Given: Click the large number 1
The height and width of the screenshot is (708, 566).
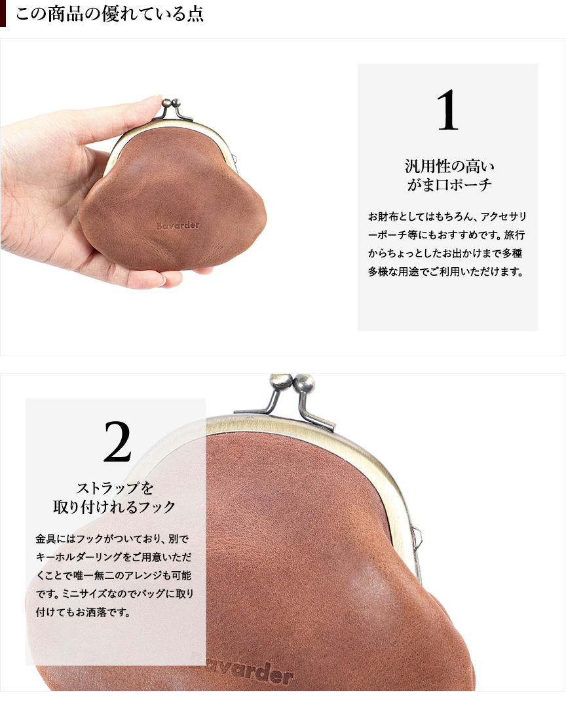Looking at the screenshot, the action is (447, 110).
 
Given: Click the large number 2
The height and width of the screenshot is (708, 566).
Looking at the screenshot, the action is (117, 441).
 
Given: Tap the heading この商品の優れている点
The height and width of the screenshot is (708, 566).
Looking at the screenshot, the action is (110, 14).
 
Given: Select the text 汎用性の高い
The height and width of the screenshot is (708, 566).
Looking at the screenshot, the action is (449, 166).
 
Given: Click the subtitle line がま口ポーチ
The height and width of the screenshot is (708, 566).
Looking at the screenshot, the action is (449, 185).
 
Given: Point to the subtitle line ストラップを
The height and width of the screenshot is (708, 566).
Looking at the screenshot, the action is (115, 488).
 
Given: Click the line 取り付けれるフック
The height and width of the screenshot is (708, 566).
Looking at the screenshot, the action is (114, 507).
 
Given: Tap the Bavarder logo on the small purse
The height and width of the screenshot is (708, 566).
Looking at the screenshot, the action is (178, 225).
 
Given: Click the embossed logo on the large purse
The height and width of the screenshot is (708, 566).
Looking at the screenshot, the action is (251, 673).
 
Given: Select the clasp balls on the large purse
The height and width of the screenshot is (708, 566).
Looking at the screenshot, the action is (292, 384).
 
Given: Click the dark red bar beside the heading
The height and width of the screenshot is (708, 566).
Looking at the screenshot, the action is (3, 13).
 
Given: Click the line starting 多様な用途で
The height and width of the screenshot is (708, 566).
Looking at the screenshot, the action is (445, 272).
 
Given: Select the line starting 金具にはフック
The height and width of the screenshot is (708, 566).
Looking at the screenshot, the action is (113, 538).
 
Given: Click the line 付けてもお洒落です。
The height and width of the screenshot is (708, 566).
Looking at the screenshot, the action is (83, 612).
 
